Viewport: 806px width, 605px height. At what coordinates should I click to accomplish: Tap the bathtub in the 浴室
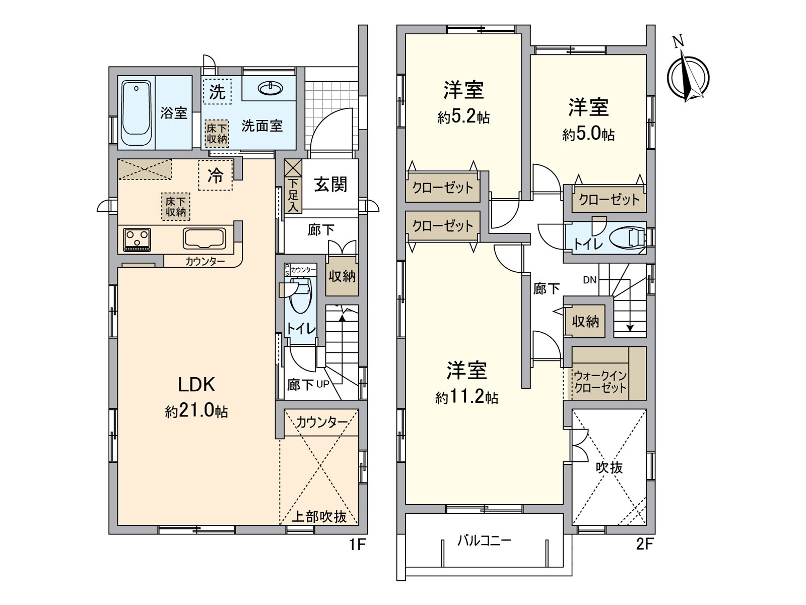[136, 112]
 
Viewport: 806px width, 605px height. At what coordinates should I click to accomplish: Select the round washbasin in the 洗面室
[271, 89]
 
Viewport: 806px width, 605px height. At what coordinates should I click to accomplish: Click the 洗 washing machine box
[217, 92]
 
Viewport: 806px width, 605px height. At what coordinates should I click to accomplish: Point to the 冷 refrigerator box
[216, 175]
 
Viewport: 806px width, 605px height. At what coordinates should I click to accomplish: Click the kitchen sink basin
[205, 238]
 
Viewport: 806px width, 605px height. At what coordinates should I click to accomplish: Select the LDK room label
[196, 385]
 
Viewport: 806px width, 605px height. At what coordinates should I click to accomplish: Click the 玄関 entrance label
[330, 185]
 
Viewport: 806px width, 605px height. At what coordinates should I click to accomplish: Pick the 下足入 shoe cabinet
[293, 194]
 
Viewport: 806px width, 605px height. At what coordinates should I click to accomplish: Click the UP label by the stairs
[323, 385]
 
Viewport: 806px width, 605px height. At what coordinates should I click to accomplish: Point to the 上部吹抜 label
[319, 516]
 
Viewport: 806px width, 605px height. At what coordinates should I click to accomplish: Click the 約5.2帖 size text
[463, 118]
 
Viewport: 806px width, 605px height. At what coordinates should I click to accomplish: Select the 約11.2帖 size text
[466, 398]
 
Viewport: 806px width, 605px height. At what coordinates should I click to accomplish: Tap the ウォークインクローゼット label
[600, 382]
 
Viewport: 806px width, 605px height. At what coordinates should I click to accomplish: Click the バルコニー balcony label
[484, 541]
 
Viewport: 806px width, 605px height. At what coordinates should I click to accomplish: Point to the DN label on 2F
[589, 280]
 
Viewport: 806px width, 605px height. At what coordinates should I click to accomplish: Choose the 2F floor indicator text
[644, 544]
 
